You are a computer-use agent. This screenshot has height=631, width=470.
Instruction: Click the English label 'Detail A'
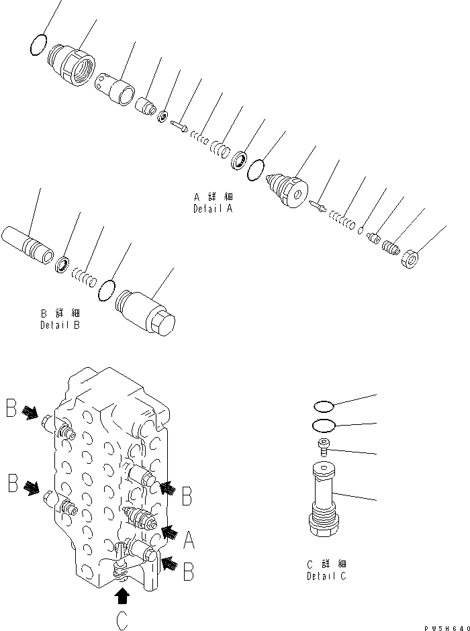[x=213, y=209]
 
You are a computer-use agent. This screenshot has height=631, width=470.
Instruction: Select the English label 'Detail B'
[x=60, y=326]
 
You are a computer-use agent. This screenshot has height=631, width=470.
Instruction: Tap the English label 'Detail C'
[x=327, y=576]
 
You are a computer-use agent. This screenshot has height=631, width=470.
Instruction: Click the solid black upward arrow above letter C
[x=122, y=595]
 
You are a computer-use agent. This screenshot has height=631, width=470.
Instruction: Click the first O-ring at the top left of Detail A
[x=40, y=45]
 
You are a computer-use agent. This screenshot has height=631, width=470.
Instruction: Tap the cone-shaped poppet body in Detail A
[x=287, y=189]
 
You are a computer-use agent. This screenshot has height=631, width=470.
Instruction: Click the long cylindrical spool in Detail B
[x=27, y=245]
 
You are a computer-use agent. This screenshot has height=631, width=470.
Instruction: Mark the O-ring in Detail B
[x=107, y=290]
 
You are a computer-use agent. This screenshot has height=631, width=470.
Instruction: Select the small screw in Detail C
[x=323, y=446]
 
